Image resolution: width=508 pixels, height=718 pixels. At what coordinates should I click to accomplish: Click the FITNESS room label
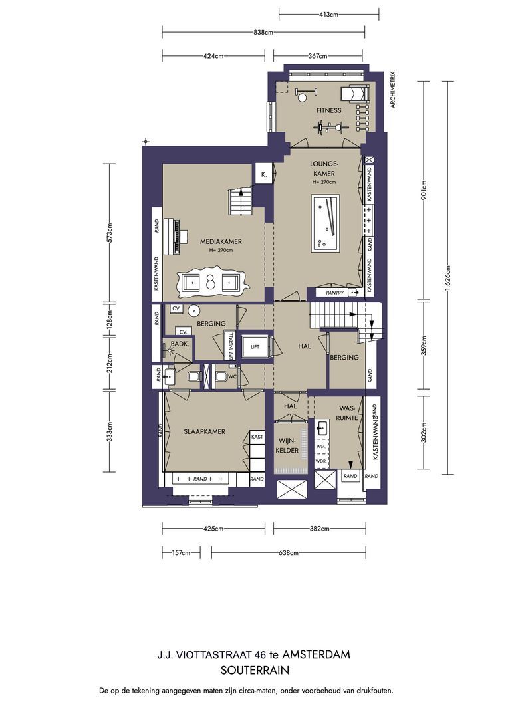(x=328, y=110)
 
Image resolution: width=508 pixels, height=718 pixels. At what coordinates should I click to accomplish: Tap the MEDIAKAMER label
(x=221, y=242)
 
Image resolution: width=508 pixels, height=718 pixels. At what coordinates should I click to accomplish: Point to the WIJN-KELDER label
(x=289, y=445)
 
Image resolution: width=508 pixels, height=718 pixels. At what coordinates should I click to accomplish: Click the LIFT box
(x=255, y=346)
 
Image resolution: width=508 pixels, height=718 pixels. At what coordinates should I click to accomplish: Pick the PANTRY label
(x=335, y=293)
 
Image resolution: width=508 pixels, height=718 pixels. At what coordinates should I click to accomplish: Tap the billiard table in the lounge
(x=326, y=223)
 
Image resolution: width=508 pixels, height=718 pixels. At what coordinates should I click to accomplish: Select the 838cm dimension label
(x=263, y=32)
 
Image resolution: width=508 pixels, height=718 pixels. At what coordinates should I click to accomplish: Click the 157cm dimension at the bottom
(x=181, y=553)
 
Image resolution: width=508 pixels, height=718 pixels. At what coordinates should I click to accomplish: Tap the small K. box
(x=264, y=174)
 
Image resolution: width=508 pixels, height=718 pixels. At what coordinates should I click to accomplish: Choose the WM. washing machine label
(x=321, y=446)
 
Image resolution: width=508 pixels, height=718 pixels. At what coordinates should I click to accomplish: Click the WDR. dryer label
(x=321, y=461)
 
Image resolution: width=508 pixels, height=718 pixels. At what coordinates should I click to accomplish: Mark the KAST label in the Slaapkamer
(x=257, y=437)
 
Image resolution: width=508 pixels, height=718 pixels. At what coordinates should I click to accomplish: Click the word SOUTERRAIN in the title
(x=255, y=670)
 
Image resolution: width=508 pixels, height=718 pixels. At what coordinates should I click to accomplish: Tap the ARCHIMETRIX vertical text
(x=392, y=90)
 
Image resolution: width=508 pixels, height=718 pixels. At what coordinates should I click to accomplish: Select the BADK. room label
(x=177, y=344)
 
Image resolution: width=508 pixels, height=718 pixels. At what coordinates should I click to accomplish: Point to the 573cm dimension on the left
(x=110, y=233)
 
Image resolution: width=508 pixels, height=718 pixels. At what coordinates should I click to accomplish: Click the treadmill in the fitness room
(x=355, y=94)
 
